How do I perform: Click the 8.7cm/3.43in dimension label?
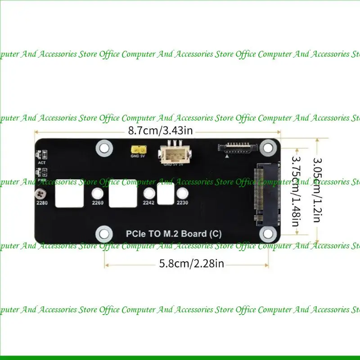(x=160, y=131)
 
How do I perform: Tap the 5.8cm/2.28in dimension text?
(x=191, y=263)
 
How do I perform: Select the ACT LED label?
(x=42, y=162)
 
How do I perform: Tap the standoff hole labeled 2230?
(x=182, y=194)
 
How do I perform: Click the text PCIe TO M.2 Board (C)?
(x=173, y=234)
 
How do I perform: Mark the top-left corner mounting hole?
(x=104, y=147)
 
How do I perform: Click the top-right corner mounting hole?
(x=269, y=147)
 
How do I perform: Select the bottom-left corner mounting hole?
(x=104, y=233)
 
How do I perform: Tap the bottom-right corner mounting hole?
(x=269, y=233)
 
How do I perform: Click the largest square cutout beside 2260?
(x=123, y=193)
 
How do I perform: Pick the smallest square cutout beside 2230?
(x=166, y=194)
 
